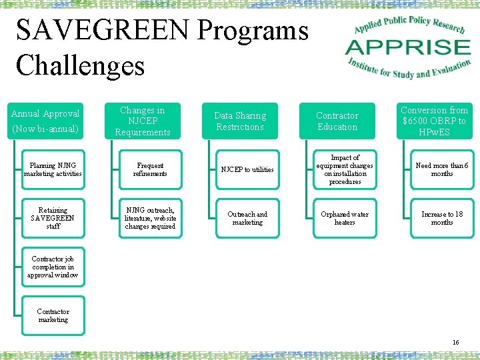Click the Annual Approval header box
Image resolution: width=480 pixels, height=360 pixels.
(45, 121)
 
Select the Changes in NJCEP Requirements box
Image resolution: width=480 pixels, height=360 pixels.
(143, 121)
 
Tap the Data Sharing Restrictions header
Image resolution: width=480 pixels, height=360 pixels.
(240, 121)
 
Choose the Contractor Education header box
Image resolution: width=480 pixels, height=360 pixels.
(337, 121)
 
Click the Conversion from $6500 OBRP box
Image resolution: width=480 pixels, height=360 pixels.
(435, 121)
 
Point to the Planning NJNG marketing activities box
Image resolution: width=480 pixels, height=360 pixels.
(53, 169)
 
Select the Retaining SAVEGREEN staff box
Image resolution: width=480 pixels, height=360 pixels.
(53, 218)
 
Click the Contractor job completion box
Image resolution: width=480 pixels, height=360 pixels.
(53, 267)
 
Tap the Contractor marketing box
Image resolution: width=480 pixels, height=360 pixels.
(53, 315)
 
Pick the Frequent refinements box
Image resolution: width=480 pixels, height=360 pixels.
(150, 169)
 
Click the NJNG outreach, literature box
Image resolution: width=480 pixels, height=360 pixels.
(150, 218)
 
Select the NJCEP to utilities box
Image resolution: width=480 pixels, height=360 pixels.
(247, 169)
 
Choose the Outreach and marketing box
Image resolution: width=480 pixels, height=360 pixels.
(247, 218)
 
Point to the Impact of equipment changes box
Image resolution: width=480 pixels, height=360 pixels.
(345, 169)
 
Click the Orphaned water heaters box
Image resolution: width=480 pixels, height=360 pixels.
(345, 218)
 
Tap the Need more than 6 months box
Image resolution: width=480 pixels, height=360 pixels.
(442, 169)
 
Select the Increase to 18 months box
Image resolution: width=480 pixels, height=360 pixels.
(442, 218)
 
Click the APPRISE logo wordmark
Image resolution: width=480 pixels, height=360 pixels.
(407, 47)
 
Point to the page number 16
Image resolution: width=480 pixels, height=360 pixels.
(455, 342)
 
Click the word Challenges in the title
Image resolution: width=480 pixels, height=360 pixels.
(80, 65)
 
